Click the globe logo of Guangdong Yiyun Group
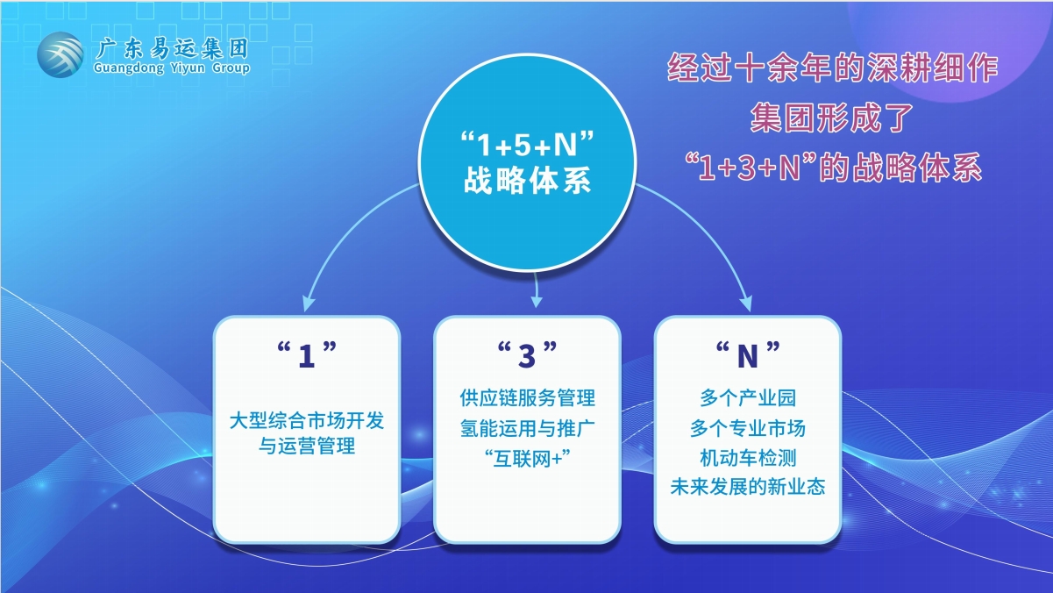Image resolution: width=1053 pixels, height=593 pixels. pyautogui.click(x=60, y=54)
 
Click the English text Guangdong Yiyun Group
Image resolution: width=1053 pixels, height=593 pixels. pyautogui.click(x=172, y=68)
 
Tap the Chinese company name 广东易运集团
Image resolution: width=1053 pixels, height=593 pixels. pyautogui.click(x=172, y=48)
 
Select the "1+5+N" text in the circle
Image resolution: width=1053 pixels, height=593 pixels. pyautogui.click(x=527, y=144)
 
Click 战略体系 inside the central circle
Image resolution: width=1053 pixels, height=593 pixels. pyautogui.click(x=527, y=181)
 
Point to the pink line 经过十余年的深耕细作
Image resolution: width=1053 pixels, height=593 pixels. pyautogui.click(x=833, y=68)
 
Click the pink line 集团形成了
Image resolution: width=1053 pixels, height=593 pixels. pyautogui.click(x=831, y=118)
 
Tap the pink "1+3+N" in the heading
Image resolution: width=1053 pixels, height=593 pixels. pyautogui.click(x=750, y=168)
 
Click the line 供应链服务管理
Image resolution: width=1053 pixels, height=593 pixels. pyautogui.click(x=527, y=398)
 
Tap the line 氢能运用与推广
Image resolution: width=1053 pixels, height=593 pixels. pyautogui.click(x=527, y=428)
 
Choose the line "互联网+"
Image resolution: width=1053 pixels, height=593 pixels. pyautogui.click(x=527, y=458)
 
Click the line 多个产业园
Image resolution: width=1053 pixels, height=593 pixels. pyautogui.click(x=747, y=398)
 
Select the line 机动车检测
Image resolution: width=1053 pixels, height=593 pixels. pyautogui.click(x=747, y=458)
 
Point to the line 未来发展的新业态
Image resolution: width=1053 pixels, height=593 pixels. pyautogui.click(x=747, y=487)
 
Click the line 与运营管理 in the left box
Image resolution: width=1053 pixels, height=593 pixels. pyautogui.click(x=307, y=446)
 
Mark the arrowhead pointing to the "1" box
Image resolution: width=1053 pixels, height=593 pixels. pyautogui.click(x=308, y=304)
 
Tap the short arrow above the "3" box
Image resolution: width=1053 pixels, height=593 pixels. pyautogui.click(x=536, y=290)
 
